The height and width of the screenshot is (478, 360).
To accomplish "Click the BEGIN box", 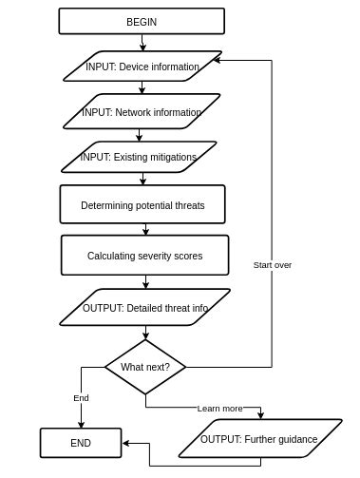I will pyautogui.click(x=142, y=21).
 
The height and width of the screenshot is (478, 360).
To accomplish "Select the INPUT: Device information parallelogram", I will pyautogui.click(x=142, y=67).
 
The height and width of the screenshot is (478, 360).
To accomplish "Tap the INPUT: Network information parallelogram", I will pyautogui.click(x=142, y=112).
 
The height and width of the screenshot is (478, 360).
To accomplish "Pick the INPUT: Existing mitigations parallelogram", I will pyautogui.click(x=142, y=157).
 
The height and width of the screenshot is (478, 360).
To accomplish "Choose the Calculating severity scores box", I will pyautogui.click(x=144, y=256).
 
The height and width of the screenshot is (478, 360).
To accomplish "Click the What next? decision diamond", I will pyautogui.click(x=144, y=366).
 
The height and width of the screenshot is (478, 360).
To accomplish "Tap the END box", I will pyautogui.click(x=81, y=442).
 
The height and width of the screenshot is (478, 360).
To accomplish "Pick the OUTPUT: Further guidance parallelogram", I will pyautogui.click(x=258, y=439).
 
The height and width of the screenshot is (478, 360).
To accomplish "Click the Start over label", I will pyautogui.click(x=273, y=265).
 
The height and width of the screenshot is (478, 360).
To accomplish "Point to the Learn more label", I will pyautogui.click(x=219, y=408).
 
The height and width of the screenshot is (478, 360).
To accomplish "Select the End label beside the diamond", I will pyautogui.click(x=81, y=397).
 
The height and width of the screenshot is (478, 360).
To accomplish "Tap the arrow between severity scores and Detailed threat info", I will pyautogui.click(x=144, y=281).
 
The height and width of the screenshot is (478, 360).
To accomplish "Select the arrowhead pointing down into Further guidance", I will pyautogui.click(x=259, y=416).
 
